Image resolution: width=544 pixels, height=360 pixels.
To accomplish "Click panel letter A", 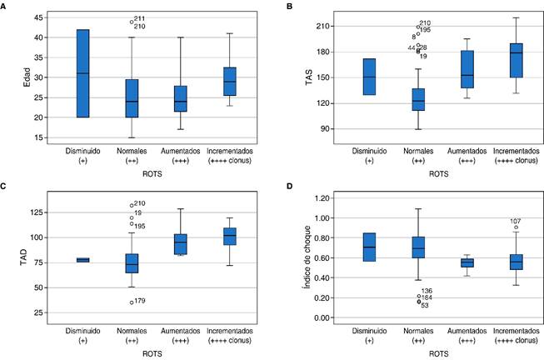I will point(5,6).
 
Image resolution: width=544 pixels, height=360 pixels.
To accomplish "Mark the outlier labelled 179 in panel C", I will point(131,302).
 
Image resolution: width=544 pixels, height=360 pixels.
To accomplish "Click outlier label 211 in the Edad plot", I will point(139,19).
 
